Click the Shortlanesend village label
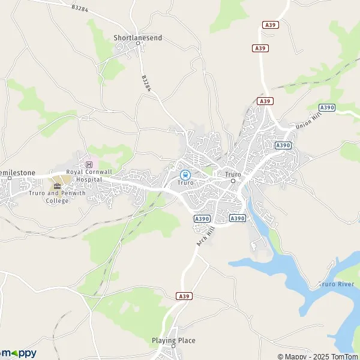138,38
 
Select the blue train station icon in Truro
185,175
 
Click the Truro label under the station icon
185,182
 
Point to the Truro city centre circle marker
233,179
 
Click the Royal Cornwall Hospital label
89,175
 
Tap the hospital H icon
89,164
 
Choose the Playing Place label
173,340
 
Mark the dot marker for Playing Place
173,346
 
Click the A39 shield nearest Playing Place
184,296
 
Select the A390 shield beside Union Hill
326,107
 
